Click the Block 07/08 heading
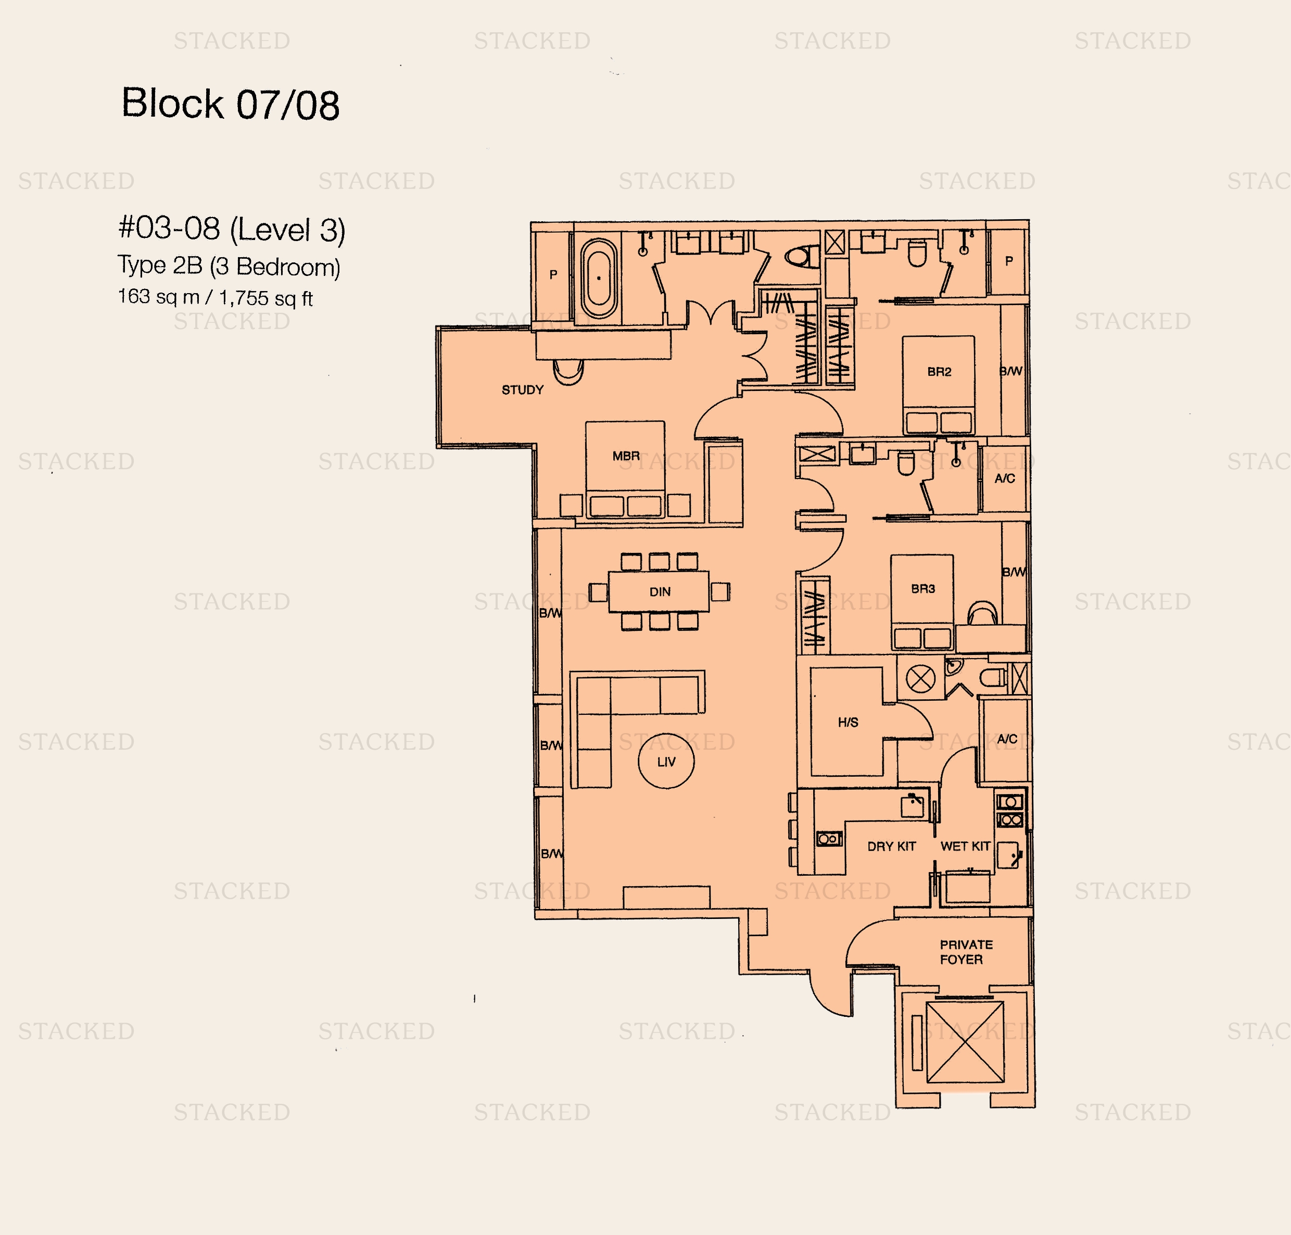231,104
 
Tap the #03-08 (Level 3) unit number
232,229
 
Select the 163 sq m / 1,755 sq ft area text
216,298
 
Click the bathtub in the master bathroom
599,278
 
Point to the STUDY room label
523,390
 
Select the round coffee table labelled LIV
666,761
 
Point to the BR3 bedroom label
923,588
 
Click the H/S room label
848,722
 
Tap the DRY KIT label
891,847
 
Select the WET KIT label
965,847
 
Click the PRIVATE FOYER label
966,952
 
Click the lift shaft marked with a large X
965,1042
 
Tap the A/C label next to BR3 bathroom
1005,478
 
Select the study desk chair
567,372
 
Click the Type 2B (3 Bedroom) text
229,266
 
